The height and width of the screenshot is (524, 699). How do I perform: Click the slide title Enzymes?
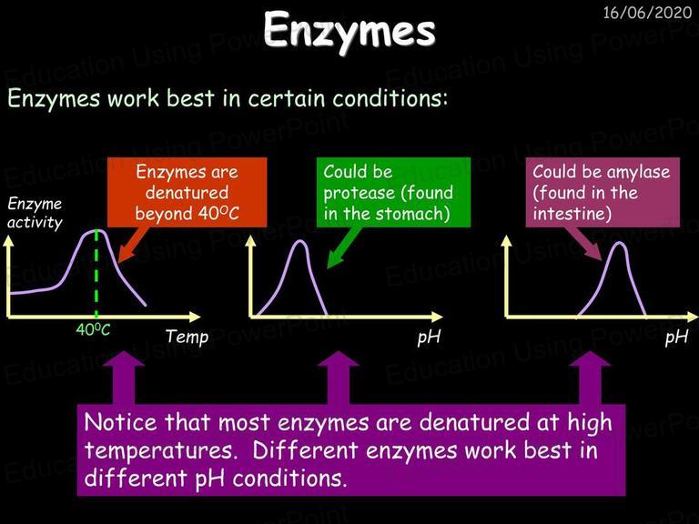(349, 31)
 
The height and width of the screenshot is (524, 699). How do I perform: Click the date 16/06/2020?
(647, 13)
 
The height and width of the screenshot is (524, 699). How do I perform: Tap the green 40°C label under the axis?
(93, 329)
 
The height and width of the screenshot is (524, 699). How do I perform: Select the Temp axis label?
(187, 337)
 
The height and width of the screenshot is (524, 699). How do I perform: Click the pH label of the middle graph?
(429, 338)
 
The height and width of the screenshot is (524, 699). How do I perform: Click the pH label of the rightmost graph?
(677, 338)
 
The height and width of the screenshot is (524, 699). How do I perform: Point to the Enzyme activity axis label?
(35, 213)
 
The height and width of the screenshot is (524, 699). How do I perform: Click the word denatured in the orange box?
(187, 193)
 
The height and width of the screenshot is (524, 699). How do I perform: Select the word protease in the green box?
(360, 194)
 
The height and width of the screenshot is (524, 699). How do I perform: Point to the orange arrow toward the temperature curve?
(132, 246)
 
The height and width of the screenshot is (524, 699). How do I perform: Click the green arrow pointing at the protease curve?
(343, 247)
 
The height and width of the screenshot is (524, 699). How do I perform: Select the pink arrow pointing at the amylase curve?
(584, 243)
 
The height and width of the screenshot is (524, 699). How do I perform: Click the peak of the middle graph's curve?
(300, 241)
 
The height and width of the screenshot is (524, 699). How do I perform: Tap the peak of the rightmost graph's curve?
(619, 243)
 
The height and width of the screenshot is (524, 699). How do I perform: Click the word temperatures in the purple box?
(159, 450)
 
